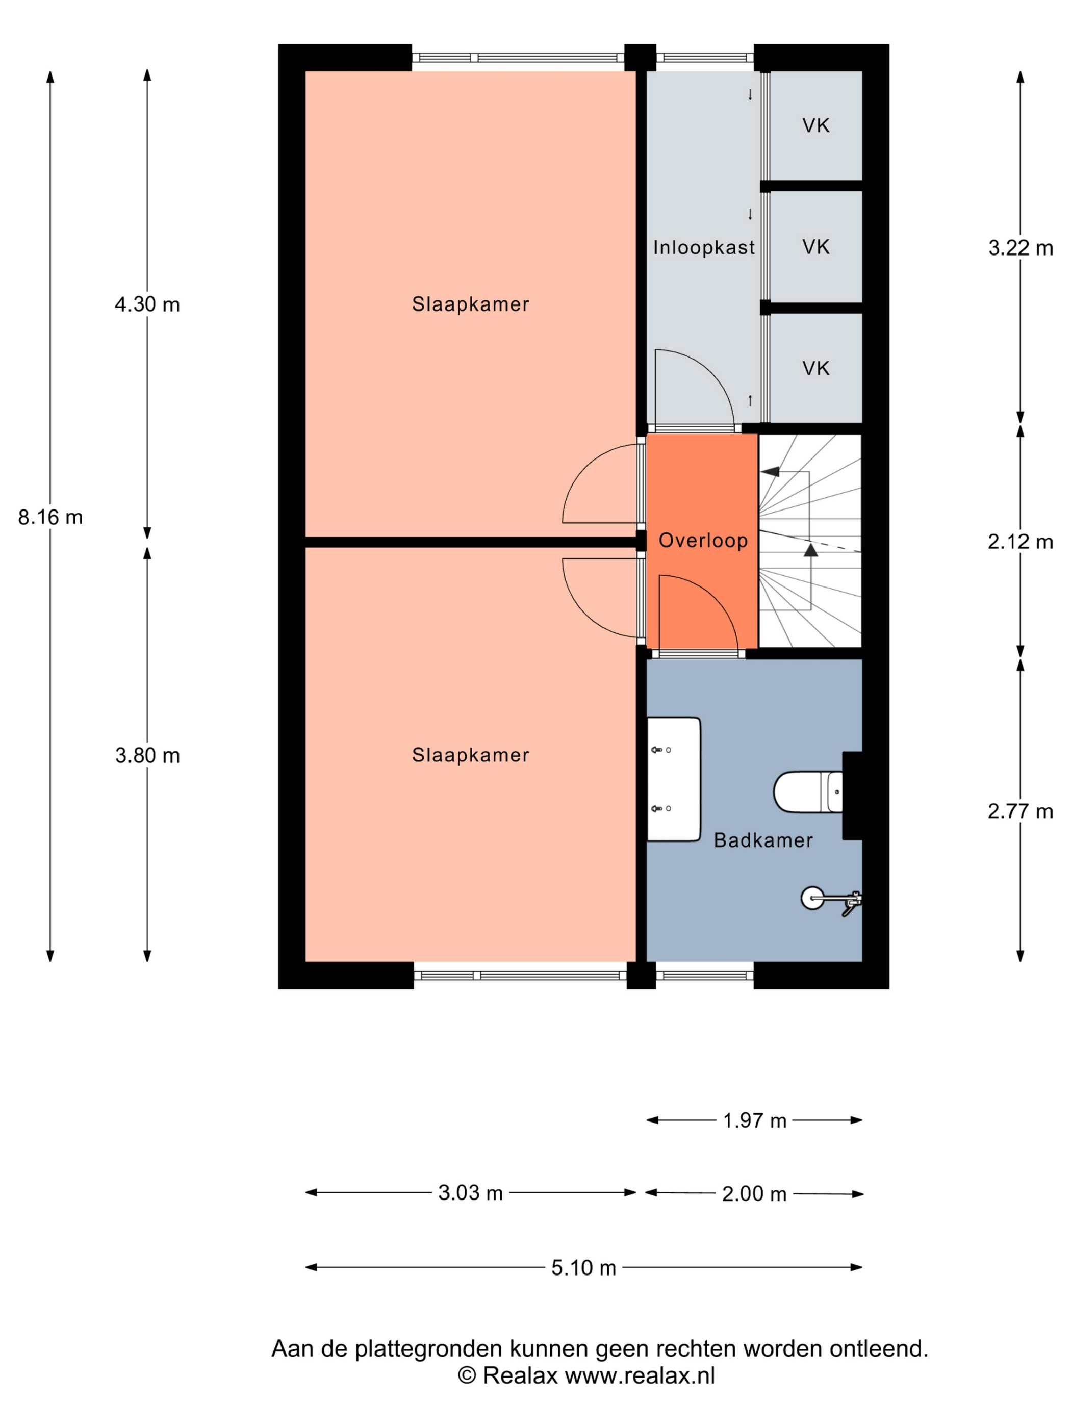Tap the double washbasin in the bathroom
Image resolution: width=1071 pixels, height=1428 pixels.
[x=673, y=779]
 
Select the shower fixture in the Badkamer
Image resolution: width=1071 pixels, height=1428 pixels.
[x=831, y=899]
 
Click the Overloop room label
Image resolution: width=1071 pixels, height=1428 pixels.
[x=702, y=540]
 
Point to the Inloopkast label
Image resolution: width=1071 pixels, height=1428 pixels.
[x=704, y=247]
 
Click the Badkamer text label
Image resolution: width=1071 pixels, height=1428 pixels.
[x=763, y=840]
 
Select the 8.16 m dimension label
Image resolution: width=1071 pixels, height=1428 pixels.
[x=50, y=517]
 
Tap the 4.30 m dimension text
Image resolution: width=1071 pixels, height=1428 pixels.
[x=147, y=304]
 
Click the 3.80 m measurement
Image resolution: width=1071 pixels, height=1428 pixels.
[x=147, y=755]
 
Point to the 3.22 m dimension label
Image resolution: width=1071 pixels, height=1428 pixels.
[x=1021, y=248]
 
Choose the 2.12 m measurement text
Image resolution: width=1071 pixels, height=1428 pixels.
[x=1021, y=542]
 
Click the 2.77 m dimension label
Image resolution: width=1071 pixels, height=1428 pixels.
[x=1021, y=811]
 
